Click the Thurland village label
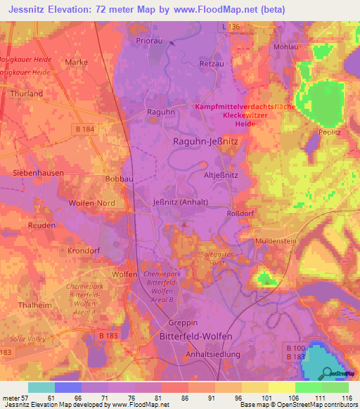click(27, 93)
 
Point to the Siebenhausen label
click(39, 172)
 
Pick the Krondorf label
click(85, 250)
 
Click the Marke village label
click(76, 62)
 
